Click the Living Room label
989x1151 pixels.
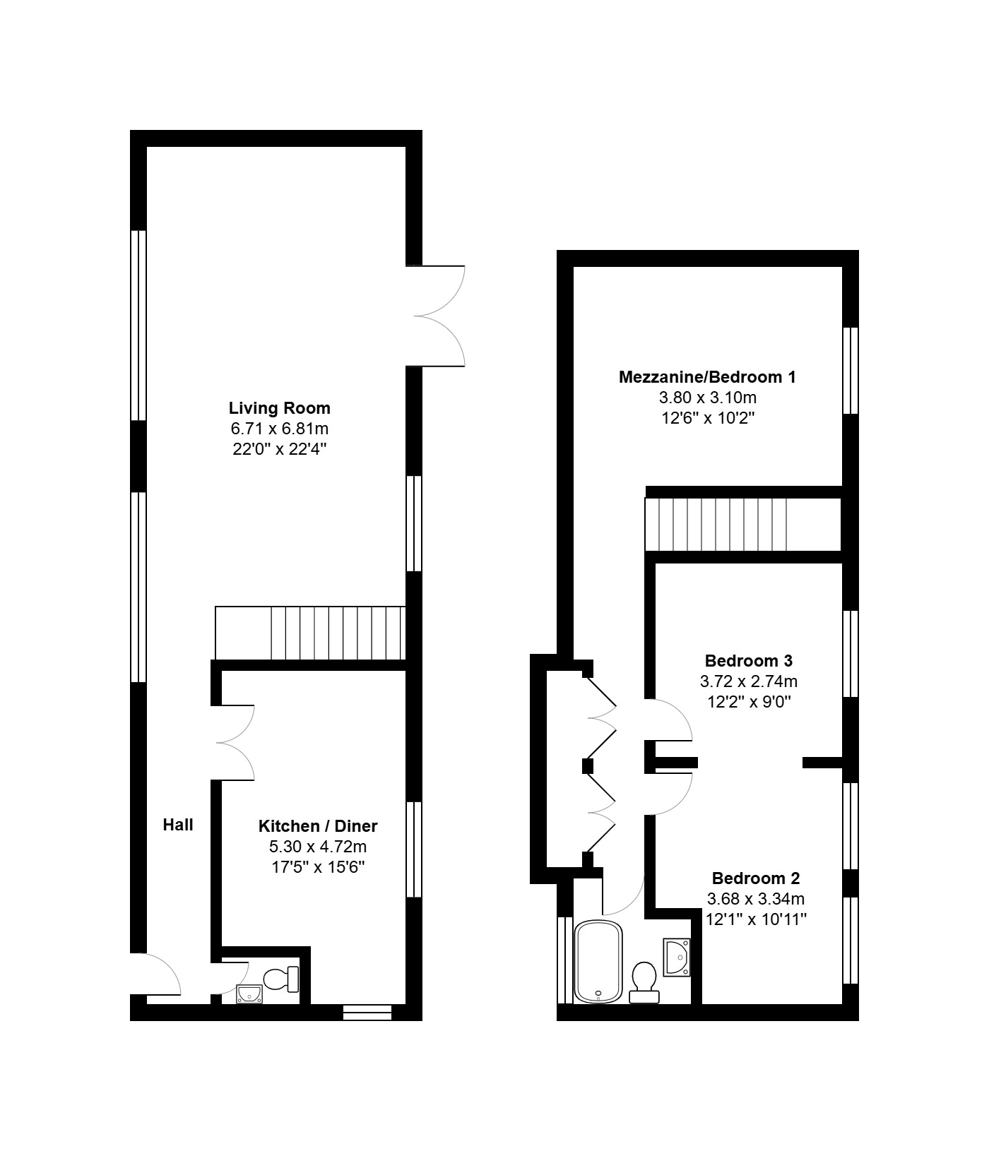click(280, 408)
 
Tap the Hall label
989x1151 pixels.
click(178, 825)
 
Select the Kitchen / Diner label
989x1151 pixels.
click(318, 826)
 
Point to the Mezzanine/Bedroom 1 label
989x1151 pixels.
click(707, 377)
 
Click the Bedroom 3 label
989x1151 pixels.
click(749, 661)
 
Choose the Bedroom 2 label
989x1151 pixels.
click(756, 878)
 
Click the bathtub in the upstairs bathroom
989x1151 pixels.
click(598, 961)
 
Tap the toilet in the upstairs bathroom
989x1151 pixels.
click(644, 982)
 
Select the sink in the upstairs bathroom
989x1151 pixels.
click(677, 957)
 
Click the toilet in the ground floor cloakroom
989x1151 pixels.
click(281, 979)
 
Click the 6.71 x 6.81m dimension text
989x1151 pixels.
click(280, 429)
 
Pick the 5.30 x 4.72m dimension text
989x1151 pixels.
click(318, 846)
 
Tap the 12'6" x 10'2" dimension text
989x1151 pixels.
click(708, 418)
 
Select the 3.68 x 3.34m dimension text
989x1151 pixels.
click(756, 899)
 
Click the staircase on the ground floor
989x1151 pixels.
click(310, 633)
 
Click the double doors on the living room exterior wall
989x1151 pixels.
click(436, 316)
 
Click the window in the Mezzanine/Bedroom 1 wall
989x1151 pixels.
click(851, 371)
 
